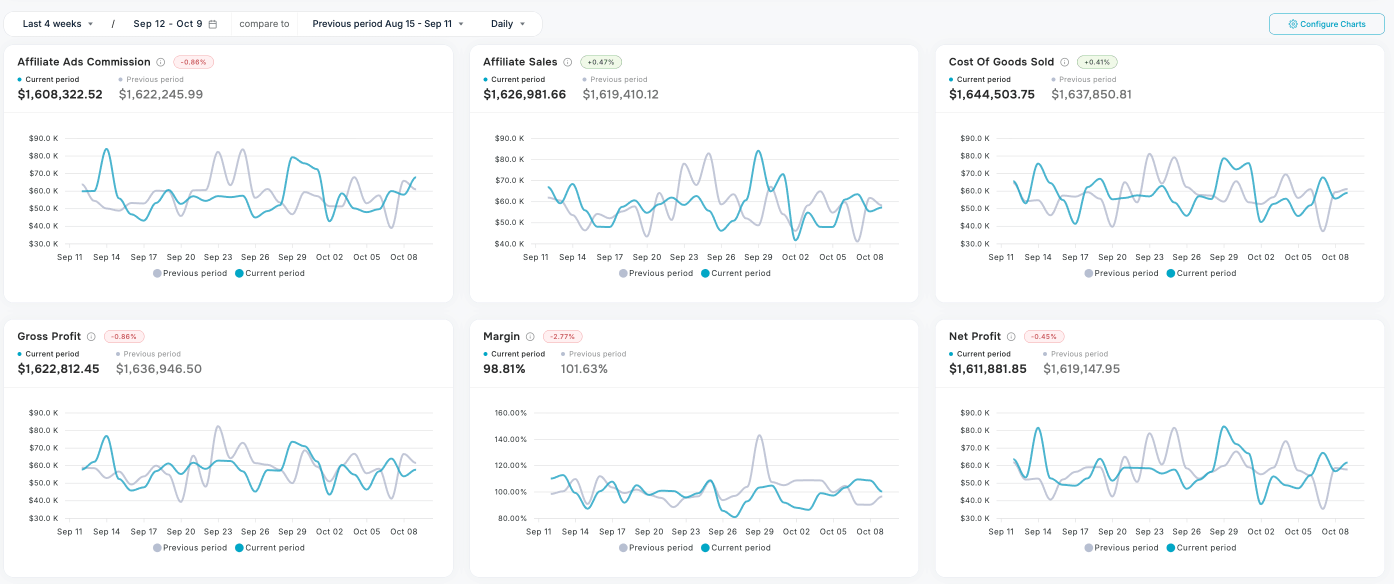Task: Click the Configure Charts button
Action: coord(1326,24)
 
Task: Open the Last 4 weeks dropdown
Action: coord(57,24)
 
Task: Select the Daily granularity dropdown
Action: coord(507,24)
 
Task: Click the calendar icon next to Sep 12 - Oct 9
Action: coord(212,24)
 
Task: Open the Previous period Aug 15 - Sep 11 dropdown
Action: coord(387,24)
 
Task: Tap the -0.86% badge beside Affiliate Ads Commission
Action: coord(193,62)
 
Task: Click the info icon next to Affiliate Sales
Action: coord(567,62)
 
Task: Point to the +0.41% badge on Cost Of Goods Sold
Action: coord(1096,62)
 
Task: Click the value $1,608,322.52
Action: coord(60,94)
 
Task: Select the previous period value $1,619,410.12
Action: coord(620,94)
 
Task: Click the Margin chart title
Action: coord(501,336)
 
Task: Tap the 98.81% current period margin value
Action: coord(504,369)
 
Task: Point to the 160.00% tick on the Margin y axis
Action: coord(510,413)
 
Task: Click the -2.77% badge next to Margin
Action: coord(562,336)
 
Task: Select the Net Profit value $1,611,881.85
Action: coord(987,369)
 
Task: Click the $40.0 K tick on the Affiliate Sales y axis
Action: coord(508,243)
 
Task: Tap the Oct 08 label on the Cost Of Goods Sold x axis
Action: coord(1334,257)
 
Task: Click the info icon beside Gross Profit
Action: coord(91,336)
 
